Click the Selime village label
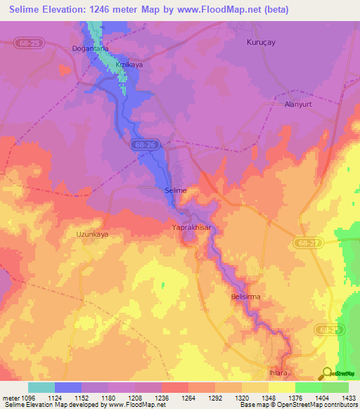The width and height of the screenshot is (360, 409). (x=175, y=190)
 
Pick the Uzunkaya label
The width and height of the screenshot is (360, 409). (x=92, y=234)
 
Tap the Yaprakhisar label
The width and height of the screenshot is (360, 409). (x=191, y=228)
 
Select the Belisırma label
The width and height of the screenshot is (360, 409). (x=245, y=297)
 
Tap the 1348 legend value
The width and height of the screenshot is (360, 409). (x=255, y=398)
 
